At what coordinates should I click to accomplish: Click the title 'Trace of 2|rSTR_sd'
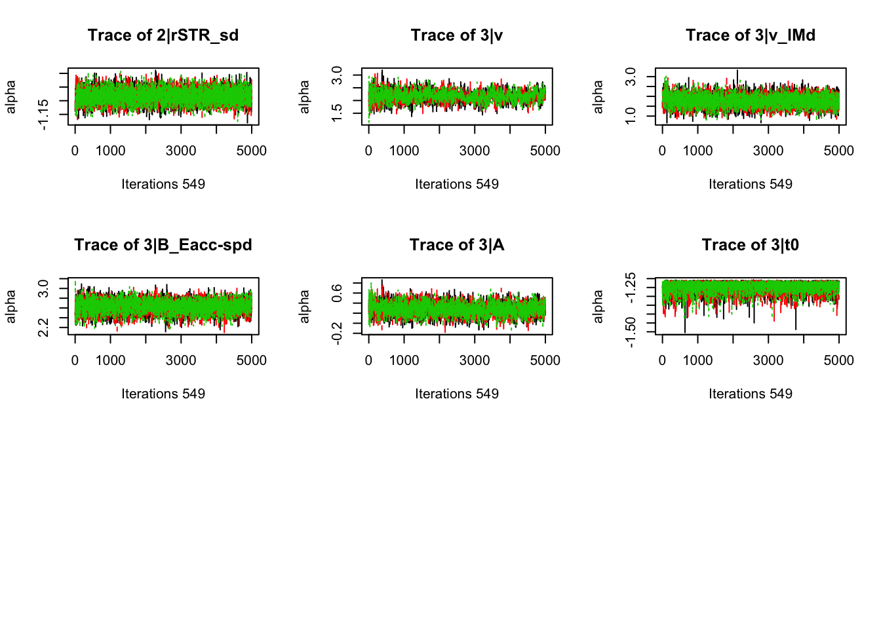coord(163,35)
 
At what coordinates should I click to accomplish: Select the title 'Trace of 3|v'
coord(457,35)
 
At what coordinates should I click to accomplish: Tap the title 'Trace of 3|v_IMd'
coord(751,35)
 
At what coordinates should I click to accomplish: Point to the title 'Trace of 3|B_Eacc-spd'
coord(163,245)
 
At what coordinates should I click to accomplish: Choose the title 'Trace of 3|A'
coord(457,245)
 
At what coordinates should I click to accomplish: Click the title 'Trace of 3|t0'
coord(751,245)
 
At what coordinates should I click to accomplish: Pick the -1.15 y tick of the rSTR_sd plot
coord(43,114)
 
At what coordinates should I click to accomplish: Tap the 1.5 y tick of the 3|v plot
coord(337,113)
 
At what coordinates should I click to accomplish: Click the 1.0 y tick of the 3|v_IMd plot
coord(631,116)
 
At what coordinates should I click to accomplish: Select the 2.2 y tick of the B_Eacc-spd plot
coord(43,327)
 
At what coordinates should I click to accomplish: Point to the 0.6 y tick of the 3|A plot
coord(337,292)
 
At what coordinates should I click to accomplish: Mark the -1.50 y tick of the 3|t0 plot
coord(631,332)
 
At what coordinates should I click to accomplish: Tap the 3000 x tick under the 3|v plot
coord(475,151)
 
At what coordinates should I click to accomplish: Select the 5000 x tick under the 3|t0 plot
coord(838,360)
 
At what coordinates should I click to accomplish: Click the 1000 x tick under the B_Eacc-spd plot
coord(110,360)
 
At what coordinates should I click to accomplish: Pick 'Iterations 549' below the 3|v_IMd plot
coord(751,184)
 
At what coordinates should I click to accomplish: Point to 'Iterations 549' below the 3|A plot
coord(457,394)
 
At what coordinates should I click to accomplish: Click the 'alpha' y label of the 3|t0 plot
coord(598,307)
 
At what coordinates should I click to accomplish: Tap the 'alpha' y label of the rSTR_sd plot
coord(10,97)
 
